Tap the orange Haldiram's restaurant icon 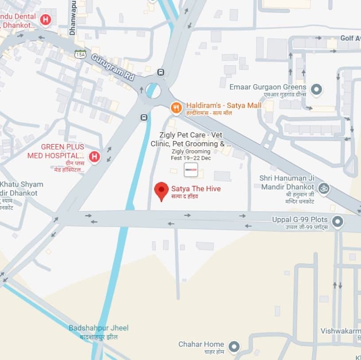(x=176, y=107)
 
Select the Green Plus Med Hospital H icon (x=94, y=157)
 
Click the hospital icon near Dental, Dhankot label (x=45, y=20)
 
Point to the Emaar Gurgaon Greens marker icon (x=316, y=90)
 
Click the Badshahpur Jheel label (x=98, y=328)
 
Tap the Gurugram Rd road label (x=113, y=67)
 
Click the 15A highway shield (x=80, y=54)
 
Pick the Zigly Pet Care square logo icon (x=191, y=169)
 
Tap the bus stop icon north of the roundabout (x=160, y=72)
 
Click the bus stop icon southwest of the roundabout (x=144, y=117)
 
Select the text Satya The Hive (x=196, y=189)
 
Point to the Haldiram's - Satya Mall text (x=224, y=106)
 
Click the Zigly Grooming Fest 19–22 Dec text (x=191, y=154)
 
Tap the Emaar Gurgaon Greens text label (x=268, y=87)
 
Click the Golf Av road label (x=350, y=39)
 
